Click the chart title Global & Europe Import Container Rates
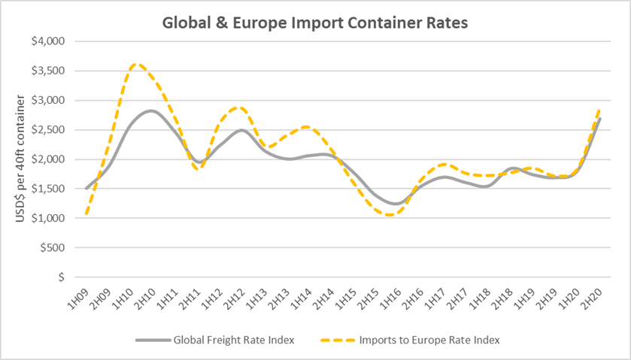pyautogui.click(x=315, y=23)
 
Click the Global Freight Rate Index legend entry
pyautogui.click(x=215, y=340)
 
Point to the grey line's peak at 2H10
pyautogui.click(x=151, y=110)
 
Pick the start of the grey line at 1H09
pyautogui.click(x=87, y=188)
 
